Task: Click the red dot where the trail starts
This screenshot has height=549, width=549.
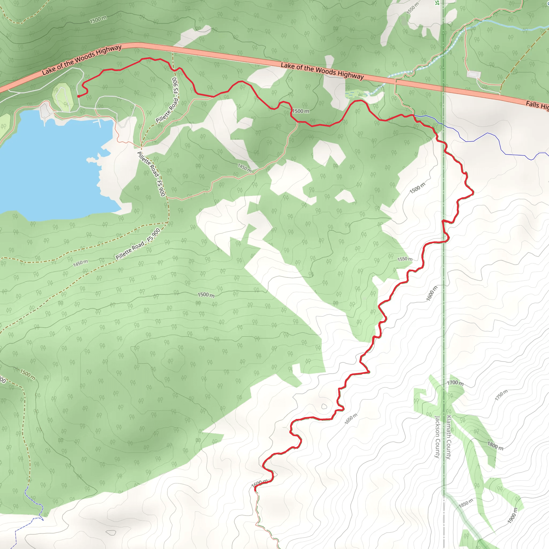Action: click(79, 96)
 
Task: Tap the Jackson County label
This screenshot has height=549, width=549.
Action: click(437, 437)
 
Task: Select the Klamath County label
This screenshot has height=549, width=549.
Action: click(449, 437)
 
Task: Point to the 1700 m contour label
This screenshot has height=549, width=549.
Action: click(455, 383)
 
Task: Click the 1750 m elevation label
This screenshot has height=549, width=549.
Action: click(501, 395)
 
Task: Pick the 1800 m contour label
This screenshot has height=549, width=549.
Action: click(495, 446)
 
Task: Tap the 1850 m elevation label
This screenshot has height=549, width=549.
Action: click(466, 503)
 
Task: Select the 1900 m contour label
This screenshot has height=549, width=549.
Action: click(512, 515)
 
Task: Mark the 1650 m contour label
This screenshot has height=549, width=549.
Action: click(351, 419)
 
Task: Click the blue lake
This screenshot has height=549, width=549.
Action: click(51, 165)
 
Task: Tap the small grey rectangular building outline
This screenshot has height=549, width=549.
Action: click(473, 75)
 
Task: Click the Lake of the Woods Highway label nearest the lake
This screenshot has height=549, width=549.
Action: click(82, 60)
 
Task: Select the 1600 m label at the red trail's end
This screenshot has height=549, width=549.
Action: click(259, 483)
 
